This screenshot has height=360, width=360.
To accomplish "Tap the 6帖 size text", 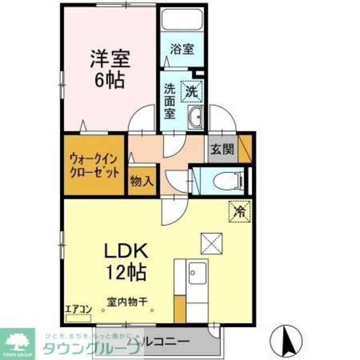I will point(108,80).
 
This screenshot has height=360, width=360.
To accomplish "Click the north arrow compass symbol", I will point(287,339).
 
